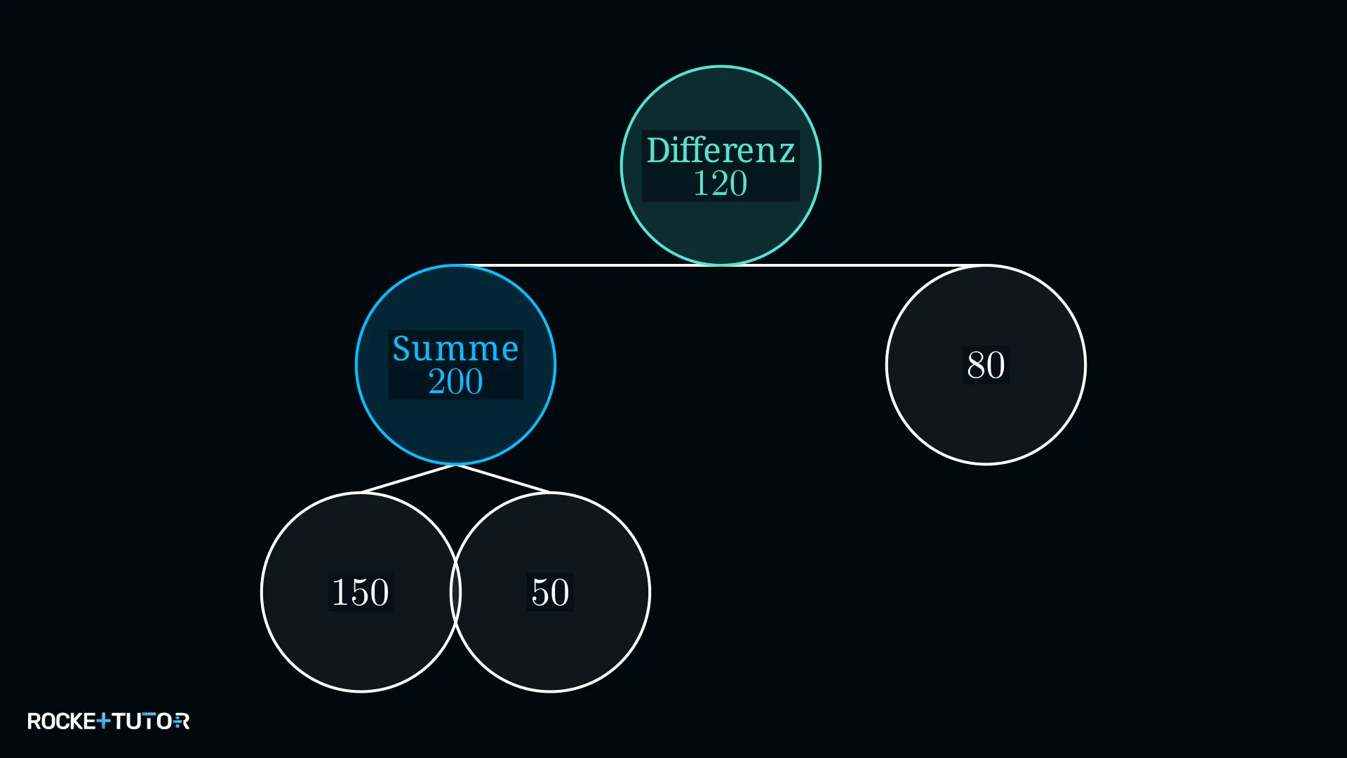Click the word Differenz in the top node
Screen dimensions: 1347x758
(721, 150)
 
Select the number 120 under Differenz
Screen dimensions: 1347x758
(721, 184)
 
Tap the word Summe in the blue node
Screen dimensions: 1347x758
(455, 349)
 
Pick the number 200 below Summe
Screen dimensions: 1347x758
(455, 382)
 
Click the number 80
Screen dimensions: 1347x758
(986, 365)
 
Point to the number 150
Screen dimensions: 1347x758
(360, 592)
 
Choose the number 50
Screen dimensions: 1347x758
(550, 592)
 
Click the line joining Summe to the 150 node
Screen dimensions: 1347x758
(408, 479)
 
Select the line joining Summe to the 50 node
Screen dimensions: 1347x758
(503, 479)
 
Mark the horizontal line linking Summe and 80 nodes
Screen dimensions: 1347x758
(721, 265)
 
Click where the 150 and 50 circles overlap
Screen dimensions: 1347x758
(455, 592)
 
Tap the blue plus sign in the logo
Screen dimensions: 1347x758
(103, 721)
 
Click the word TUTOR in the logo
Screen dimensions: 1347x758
(150, 721)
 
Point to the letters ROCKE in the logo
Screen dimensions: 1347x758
(62, 721)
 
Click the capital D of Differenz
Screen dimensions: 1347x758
(658, 151)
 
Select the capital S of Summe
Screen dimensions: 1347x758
(402, 349)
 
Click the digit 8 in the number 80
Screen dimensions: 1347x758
(976, 365)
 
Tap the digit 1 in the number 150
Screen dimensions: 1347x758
(340, 592)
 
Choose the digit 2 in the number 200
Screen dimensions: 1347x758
(436, 382)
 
